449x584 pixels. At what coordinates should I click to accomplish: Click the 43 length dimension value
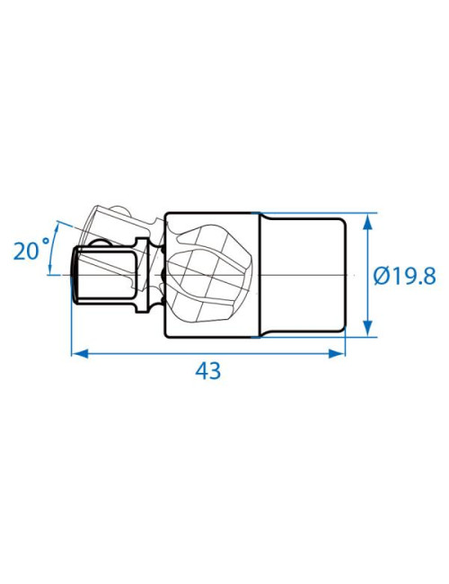pos(207,371)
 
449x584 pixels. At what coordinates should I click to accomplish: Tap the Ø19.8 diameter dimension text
pos(404,277)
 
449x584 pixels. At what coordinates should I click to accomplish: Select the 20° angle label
pos(31,251)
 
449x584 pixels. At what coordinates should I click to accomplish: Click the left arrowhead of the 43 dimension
pos(79,353)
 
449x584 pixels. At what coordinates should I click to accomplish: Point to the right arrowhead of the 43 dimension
pos(337,353)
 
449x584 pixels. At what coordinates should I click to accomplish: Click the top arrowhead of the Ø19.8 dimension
pos(367,221)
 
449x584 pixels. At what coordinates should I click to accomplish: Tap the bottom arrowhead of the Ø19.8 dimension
pos(367,329)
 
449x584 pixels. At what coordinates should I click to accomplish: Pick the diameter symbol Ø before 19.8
pos(382,277)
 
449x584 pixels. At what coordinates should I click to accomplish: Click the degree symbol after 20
pos(46,242)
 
